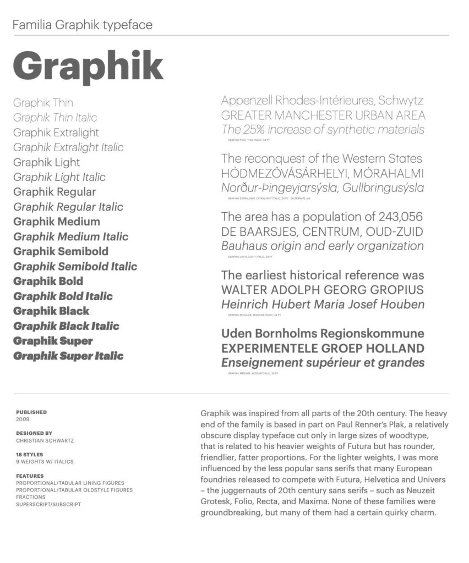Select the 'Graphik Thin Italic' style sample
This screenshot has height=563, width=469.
pyautogui.click(x=55, y=118)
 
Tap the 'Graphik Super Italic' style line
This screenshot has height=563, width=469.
pyautogui.click(x=68, y=356)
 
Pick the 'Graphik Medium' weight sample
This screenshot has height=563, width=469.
pyautogui.click(x=57, y=222)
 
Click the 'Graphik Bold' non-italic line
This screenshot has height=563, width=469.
pyautogui.click(x=48, y=281)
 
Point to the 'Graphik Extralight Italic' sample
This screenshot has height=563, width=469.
pyautogui.click(x=68, y=147)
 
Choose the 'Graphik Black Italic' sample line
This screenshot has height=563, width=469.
pyautogui.click(x=66, y=326)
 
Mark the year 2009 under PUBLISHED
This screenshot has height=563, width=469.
pyautogui.click(x=23, y=420)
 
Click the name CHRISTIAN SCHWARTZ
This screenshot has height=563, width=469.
pyautogui.click(x=45, y=440)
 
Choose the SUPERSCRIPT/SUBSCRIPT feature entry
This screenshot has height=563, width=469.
pyautogui.click(x=48, y=504)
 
